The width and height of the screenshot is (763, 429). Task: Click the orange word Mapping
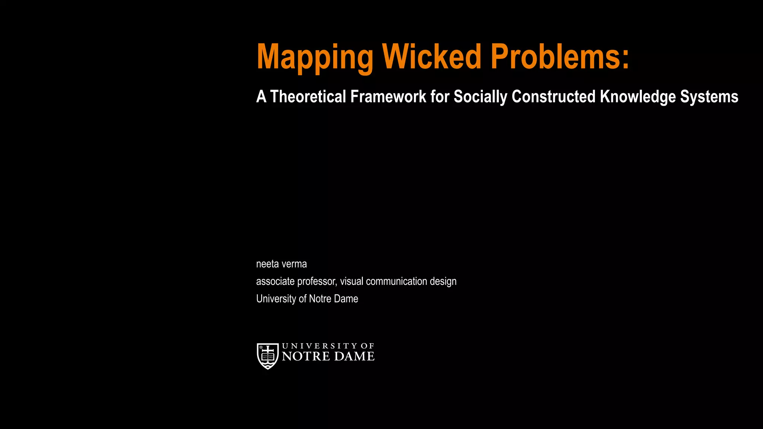pos(315,58)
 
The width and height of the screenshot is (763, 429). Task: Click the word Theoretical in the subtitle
pos(308,97)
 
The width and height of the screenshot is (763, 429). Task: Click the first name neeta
pos(267,264)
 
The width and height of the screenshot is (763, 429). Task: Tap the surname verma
pos(294,264)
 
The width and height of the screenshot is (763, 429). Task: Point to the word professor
pos(317,282)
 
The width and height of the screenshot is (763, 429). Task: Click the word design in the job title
pos(443,282)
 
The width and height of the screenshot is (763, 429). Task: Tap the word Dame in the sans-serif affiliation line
pos(346,299)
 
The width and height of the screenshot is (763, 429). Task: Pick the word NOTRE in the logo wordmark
pos(306,356)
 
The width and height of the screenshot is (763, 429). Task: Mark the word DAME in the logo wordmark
pos(354,356)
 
